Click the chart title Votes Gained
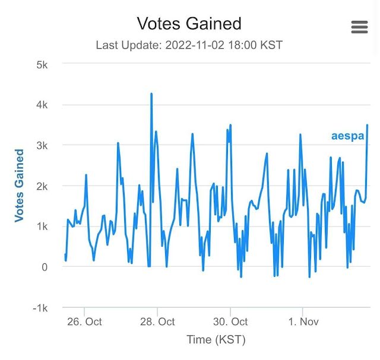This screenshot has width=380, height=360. tap(189, 24)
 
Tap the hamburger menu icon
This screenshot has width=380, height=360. tap(359, 27)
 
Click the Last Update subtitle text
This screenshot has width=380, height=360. tap(189, 45)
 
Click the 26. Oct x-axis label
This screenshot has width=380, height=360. tap(84, 322)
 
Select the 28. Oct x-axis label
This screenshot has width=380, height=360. tap(157, 322)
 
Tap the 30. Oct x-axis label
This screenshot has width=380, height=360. tap(230, 322)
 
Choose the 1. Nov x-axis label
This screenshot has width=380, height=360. tap(303, 322)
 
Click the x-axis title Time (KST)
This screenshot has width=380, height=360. tap(215, 340)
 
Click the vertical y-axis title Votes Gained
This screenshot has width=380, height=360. tap(19, 186)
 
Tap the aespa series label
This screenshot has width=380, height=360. tap(347, 136)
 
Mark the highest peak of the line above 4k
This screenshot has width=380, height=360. tap(151, 94)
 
